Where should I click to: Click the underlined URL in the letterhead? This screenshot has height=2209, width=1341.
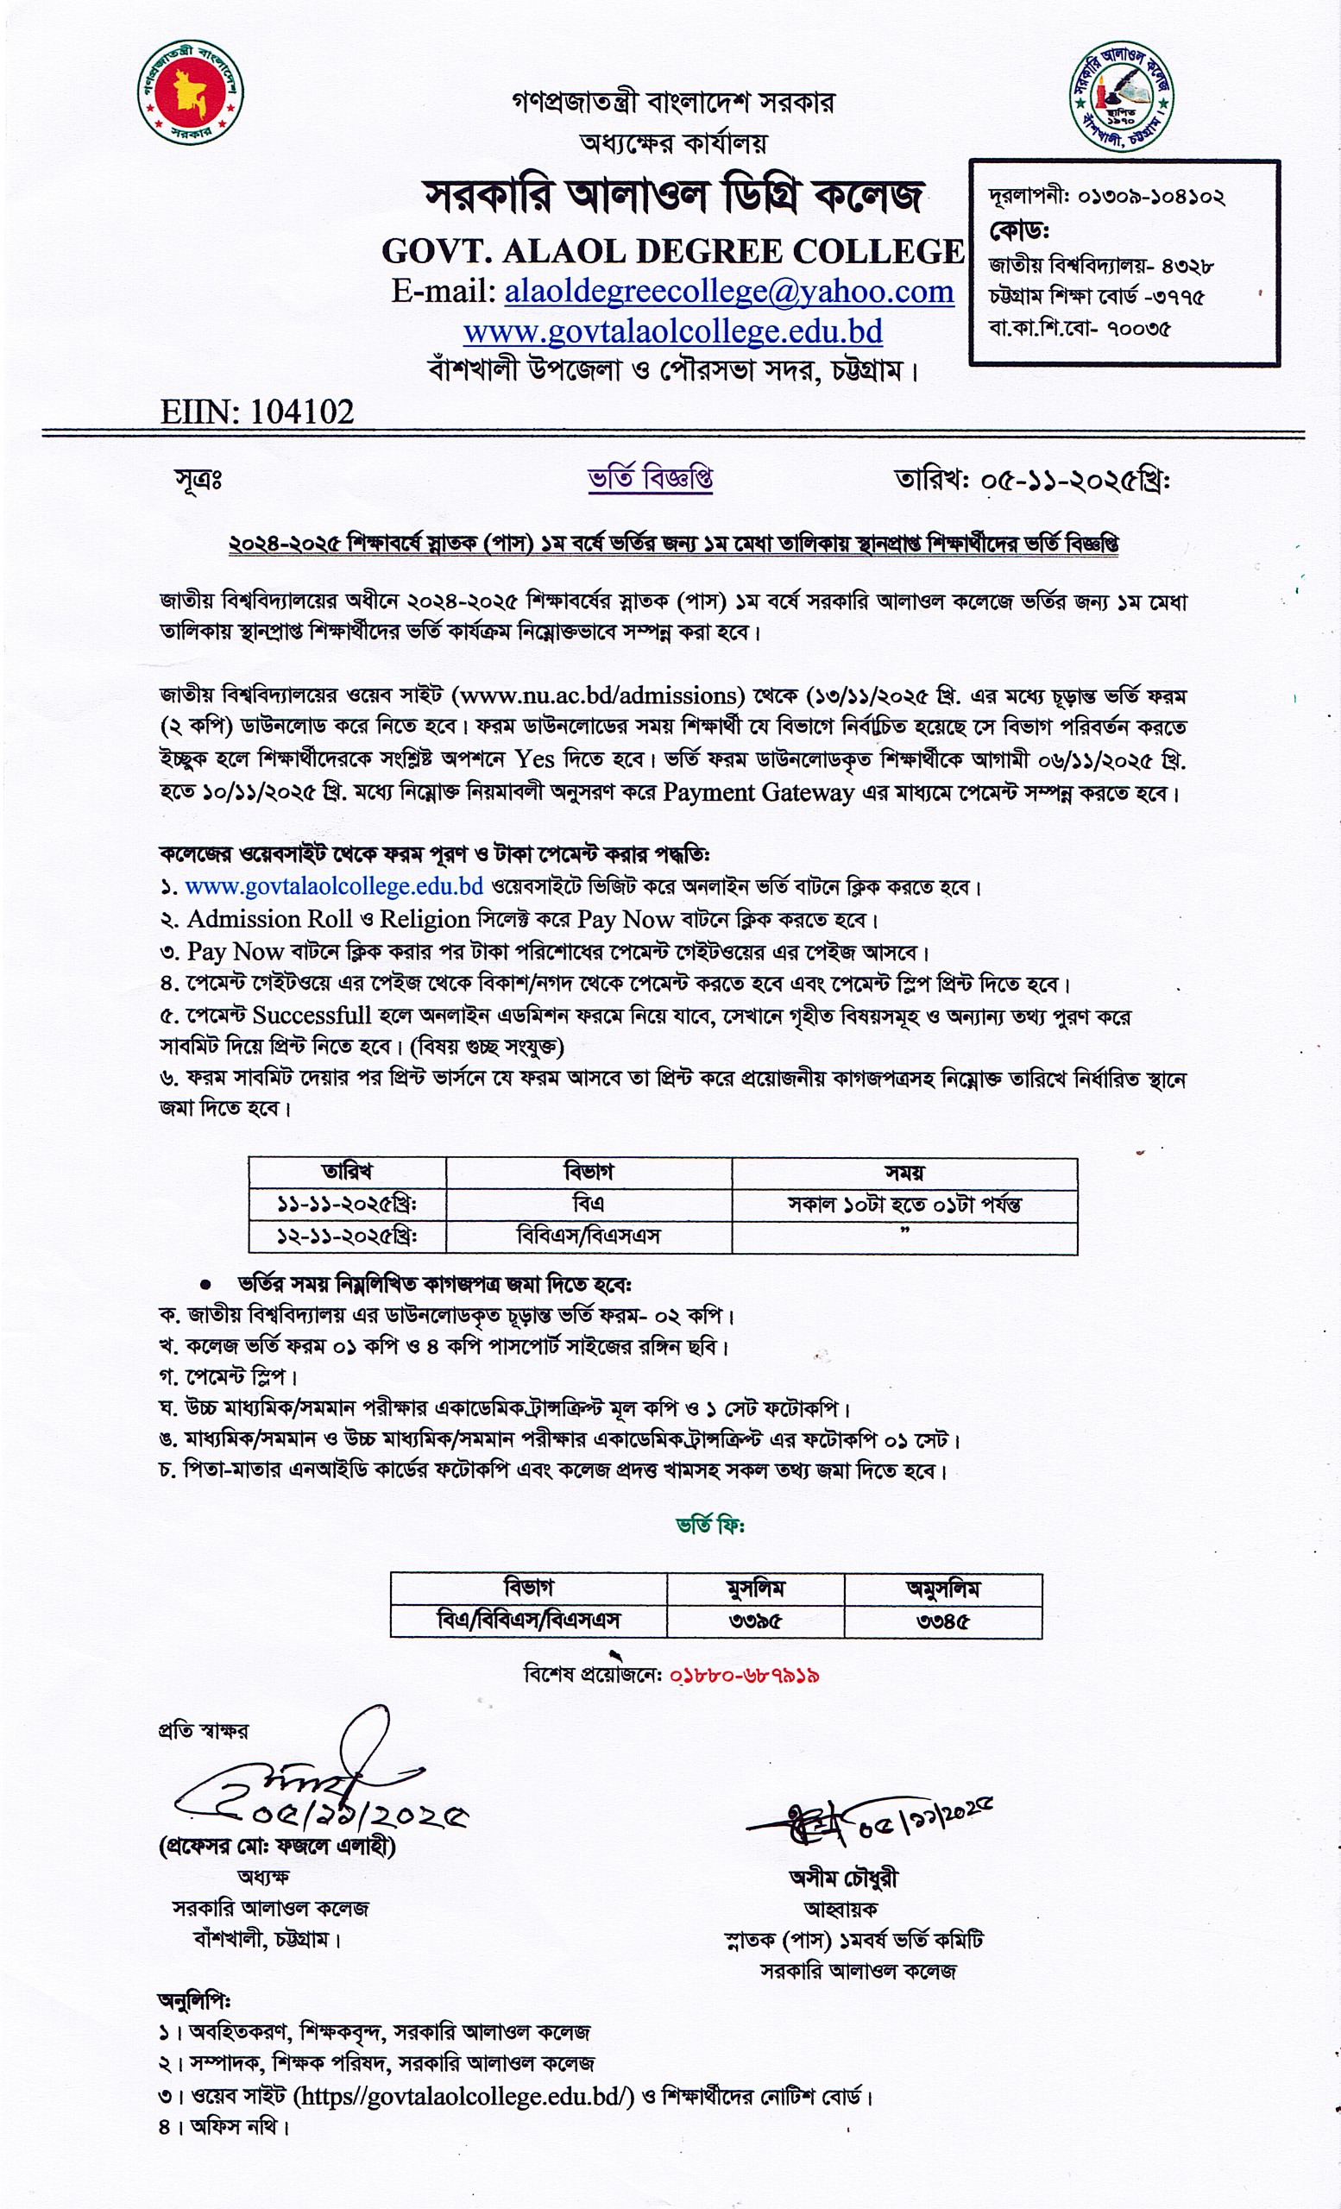pos(672,331)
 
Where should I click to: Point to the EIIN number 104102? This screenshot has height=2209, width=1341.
pos(302,412)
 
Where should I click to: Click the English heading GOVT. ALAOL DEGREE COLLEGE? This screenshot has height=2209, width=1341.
pos(672,251)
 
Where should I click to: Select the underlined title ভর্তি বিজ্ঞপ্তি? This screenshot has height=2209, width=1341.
pos(650,479)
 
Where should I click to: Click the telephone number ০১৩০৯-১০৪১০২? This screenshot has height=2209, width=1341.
pos(1151,197)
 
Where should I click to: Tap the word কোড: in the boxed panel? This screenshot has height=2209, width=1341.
pos(1019,230)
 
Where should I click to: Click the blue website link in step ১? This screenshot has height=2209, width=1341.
pos(333,887)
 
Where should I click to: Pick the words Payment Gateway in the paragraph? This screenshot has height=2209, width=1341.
pos(759,792)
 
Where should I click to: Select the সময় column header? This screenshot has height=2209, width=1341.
pos(903,1173)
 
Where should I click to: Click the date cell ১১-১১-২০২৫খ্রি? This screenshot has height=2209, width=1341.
pos(347,1204)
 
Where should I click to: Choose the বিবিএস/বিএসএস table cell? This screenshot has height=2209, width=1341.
pos(588,1237)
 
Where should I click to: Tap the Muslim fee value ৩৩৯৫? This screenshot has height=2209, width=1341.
pos(755,1621)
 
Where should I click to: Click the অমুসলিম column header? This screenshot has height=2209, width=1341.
pos(942,1589)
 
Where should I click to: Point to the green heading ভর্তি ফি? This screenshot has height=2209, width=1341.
pos(710,1524)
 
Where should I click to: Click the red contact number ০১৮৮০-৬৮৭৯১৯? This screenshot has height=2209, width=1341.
pos(744,1675)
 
